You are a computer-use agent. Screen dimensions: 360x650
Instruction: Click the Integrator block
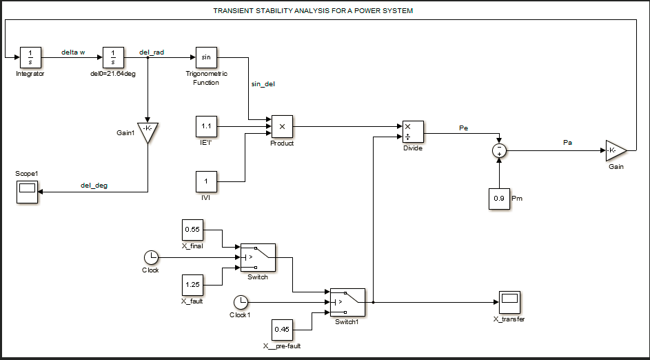click(x=30, y=57)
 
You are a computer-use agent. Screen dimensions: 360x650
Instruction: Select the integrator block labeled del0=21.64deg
click(x=112, y=57)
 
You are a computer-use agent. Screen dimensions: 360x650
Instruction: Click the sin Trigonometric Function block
click(x=206, y=57)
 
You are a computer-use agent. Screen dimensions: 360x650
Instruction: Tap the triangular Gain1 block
click(x=148, y=132)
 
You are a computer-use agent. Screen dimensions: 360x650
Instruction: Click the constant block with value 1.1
click(x=206, y=128)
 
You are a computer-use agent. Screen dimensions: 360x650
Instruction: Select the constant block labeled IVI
click(x=206, y=182)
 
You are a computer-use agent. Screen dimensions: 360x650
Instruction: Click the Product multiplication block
click(x=282, y=127)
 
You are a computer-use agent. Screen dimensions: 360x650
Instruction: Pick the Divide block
click(x=412, y=132)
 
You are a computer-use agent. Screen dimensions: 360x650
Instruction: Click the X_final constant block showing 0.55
click(x=192, y=229)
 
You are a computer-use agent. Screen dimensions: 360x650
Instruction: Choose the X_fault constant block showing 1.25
click(x=192, y=284)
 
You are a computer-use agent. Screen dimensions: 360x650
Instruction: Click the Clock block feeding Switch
click(x=150, y=257)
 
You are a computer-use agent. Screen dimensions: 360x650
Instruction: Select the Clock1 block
click(x=241, y=302)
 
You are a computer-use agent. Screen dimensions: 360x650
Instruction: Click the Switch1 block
click(x=347, y=302)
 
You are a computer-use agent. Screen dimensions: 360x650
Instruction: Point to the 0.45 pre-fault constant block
click(x=282, y=330)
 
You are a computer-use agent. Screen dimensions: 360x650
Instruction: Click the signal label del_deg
click(x=94, y=186)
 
